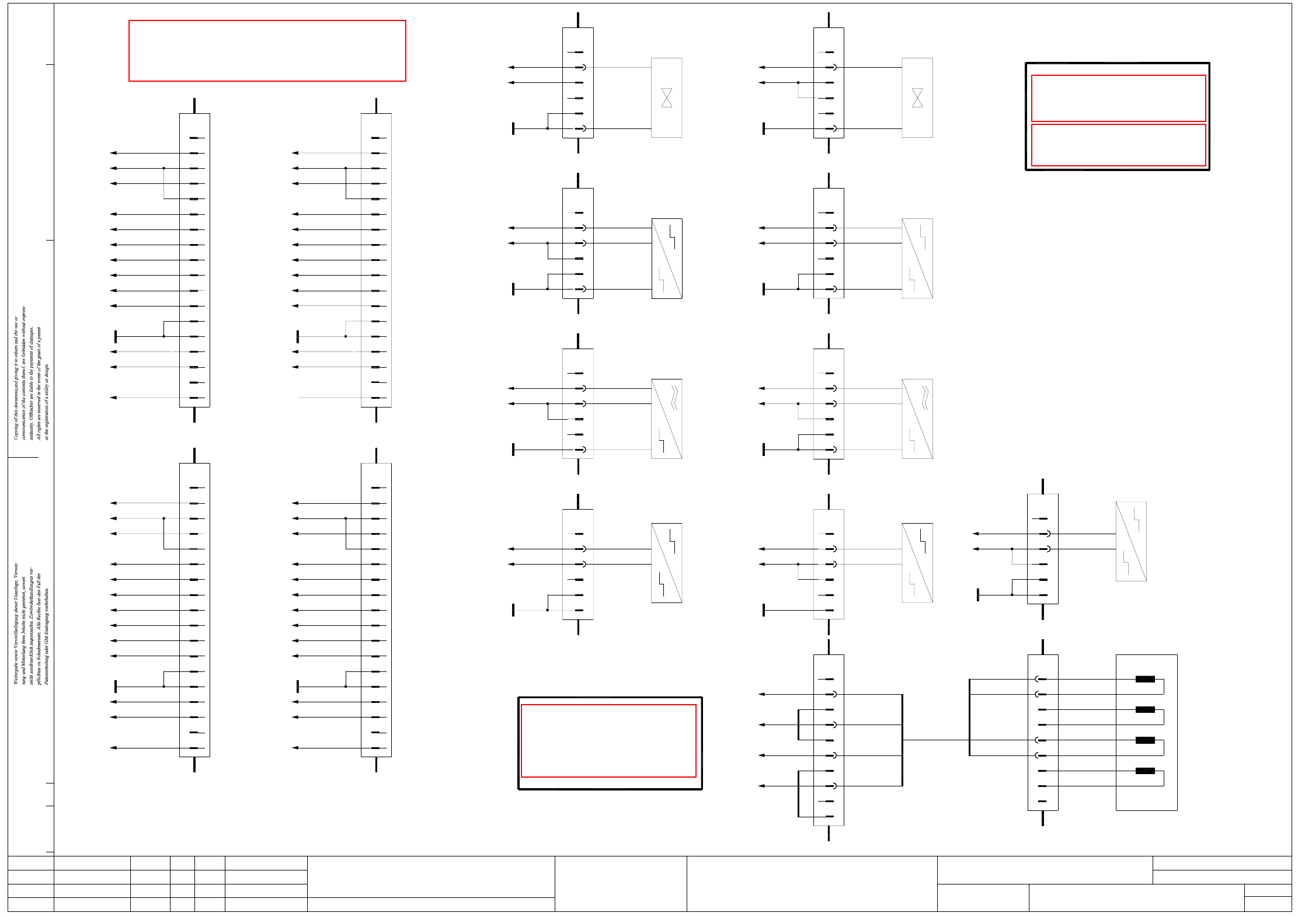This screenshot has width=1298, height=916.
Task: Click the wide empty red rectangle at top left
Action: [x=267, y=51]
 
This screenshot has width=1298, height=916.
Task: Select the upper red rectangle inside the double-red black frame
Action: [x=1118, y=98]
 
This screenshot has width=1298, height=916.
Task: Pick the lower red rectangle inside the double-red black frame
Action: [x=1118, y=145]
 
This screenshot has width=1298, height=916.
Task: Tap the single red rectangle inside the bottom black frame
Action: [x=608, y=741]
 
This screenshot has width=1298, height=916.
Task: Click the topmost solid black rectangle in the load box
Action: [x=1145, y=679]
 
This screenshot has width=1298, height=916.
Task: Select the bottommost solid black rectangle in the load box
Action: [x=1145, y=771]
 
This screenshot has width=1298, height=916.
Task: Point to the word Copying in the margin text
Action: [x=16, y=429]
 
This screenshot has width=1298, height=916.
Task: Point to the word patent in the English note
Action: [x=39, y=333]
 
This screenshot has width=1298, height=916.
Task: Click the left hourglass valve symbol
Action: [x=666, y=98]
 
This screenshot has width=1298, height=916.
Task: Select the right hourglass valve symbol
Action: [x=917, y=98]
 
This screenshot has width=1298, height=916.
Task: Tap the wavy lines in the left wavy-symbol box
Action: [x=674, y=397]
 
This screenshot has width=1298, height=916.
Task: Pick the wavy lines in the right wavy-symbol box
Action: [x=925, y=397]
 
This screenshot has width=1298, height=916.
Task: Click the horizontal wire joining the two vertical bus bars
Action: [x=936, y=740]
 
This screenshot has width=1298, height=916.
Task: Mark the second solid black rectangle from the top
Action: [x=1145, y=709]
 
